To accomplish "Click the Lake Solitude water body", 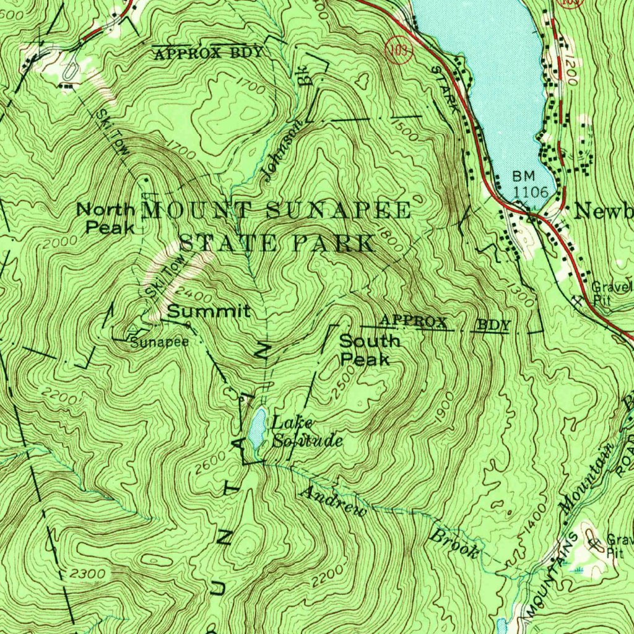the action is point(256,428).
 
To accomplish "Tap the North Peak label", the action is point(105,219).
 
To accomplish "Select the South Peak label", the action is point(370,350).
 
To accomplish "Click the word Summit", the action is point(209,311).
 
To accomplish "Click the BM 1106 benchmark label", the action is point(530,185).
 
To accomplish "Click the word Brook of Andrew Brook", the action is point(455,544).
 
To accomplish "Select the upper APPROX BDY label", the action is point(208,53).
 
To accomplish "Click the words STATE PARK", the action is point(277,243).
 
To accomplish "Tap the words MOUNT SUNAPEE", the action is point(277,210).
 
